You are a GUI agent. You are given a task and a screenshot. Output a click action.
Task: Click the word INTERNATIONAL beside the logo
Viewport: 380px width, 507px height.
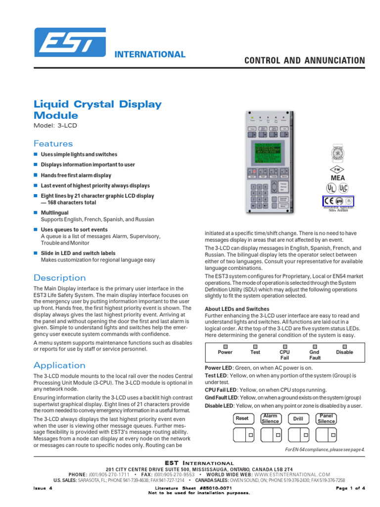click(x=150, y=54)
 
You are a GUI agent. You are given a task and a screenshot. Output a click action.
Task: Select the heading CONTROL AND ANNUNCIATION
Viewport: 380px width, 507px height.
click(x=305, y=60)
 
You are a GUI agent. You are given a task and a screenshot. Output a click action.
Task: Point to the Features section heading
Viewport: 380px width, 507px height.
click(x=53, y=144)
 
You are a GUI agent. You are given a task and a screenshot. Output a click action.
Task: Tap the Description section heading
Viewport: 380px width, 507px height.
click(x=59, y=278)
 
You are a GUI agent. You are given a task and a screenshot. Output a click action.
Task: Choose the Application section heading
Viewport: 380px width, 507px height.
click(x=59, y=365)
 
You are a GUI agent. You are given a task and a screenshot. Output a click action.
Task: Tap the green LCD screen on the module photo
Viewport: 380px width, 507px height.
click(x=270, y=152)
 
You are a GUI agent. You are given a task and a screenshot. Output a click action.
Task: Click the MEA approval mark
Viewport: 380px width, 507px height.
click(x=337, y=178)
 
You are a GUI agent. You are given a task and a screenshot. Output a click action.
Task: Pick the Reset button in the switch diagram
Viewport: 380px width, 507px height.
click(x=242, y=418)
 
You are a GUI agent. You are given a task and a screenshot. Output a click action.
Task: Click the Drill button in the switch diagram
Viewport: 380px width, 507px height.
click(x=298, y=418)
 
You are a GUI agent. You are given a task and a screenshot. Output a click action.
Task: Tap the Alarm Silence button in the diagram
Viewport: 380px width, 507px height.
click(x=270, y=418)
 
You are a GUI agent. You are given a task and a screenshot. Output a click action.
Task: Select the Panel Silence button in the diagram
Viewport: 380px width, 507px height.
click(x=326, y=418)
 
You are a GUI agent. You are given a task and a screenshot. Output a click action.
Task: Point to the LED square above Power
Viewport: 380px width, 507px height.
click(x=225, y=347)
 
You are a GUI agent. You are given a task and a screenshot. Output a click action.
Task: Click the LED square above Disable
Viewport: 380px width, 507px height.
click(x=345, y=347)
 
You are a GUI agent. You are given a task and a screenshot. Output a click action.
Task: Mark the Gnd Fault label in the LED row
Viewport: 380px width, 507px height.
click(x=315, y=355)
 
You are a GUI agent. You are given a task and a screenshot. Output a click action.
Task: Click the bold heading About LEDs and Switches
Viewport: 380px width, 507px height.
click(x=237, y=309)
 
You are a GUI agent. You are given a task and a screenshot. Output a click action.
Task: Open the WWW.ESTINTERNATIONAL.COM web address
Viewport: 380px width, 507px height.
click(x=292, y=474)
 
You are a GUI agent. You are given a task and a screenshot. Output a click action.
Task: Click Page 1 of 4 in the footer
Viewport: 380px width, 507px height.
click(x=350, y=488)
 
